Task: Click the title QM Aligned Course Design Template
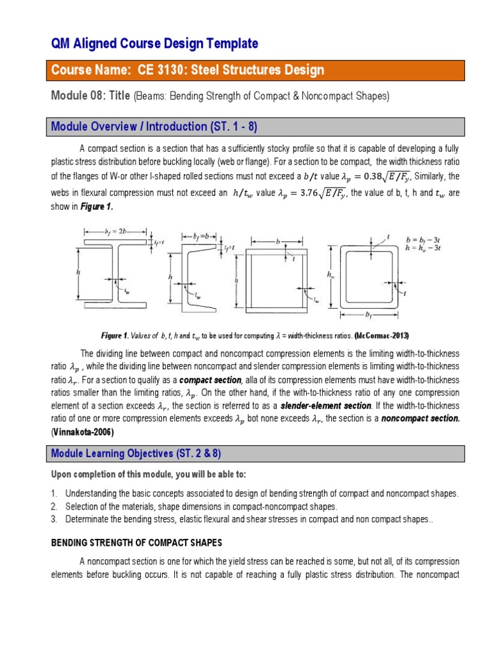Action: click(x=154, y=43)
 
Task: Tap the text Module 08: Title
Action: click(x=90, y=96)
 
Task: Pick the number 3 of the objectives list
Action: click(x=55, y=519)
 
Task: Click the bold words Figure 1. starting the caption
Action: click(x=115, y=335)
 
